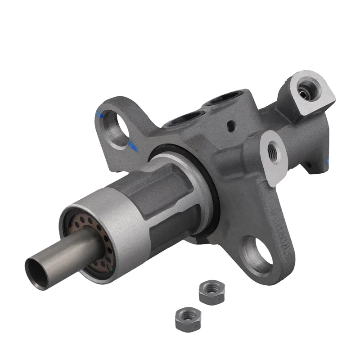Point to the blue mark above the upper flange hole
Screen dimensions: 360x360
(100, 115)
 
